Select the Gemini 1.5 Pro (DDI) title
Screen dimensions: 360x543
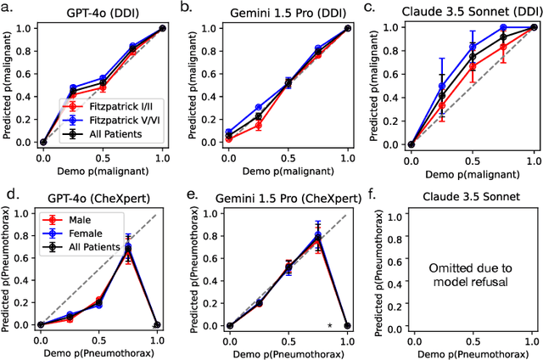coord(288,13)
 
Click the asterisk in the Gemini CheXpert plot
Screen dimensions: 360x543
coord(330,325)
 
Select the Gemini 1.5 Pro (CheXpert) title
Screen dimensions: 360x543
coord(288,197)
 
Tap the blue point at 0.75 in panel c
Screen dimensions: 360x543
coord(503,27)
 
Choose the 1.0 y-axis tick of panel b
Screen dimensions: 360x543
coord(210,28)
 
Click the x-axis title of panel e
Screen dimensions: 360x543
coord(288,352)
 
